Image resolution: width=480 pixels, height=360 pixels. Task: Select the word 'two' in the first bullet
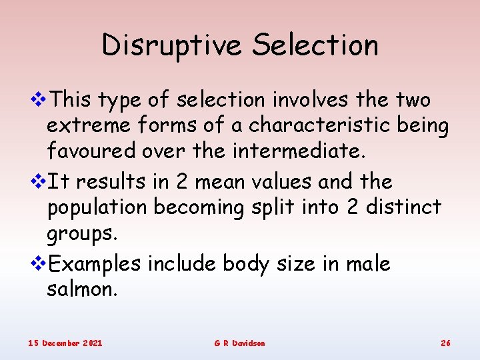coord(413,100)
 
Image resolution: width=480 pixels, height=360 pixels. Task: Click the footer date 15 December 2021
coord(65,343)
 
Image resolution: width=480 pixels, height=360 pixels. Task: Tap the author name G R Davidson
coord(239,343)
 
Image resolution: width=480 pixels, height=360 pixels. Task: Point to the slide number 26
coord(445,343)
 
